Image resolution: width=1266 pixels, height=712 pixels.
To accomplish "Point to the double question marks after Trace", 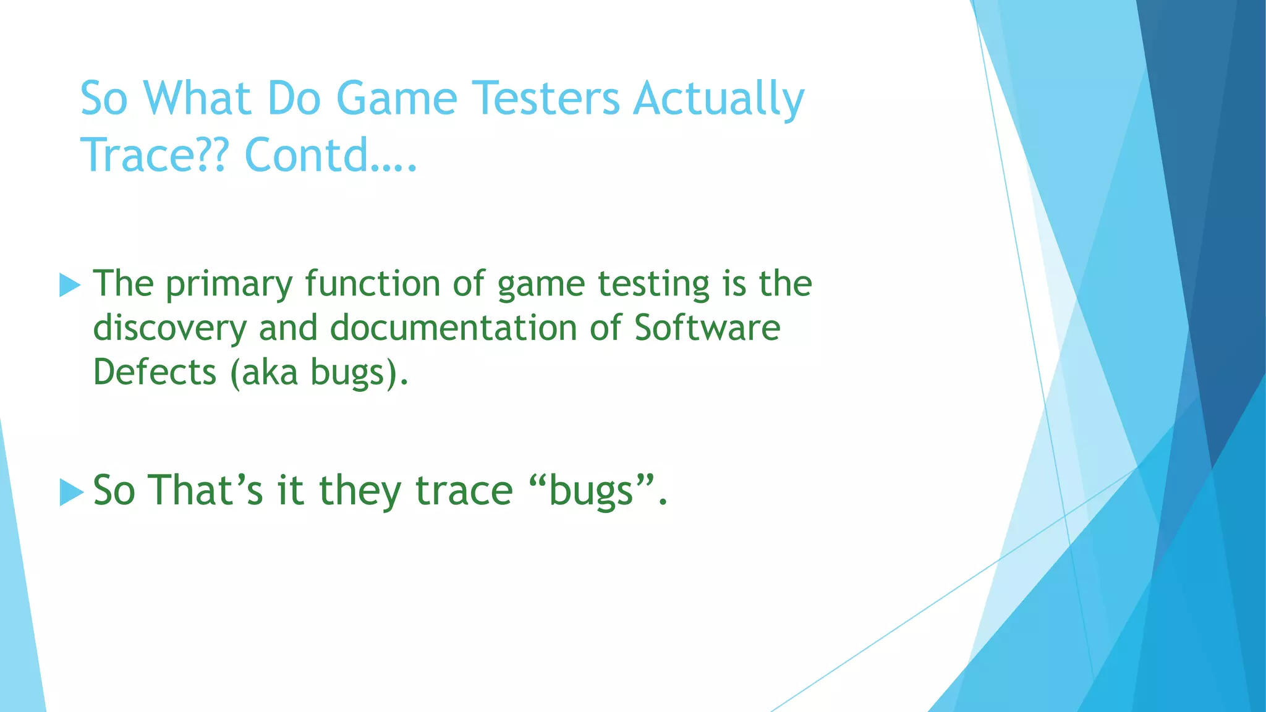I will click(x=216, y=155).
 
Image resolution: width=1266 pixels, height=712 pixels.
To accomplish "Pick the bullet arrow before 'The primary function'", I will click(x=70, y=286).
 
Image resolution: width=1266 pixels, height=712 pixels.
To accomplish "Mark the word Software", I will click(x=707, y=328).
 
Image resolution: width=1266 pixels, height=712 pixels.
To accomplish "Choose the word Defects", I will click(x=155, y=372).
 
